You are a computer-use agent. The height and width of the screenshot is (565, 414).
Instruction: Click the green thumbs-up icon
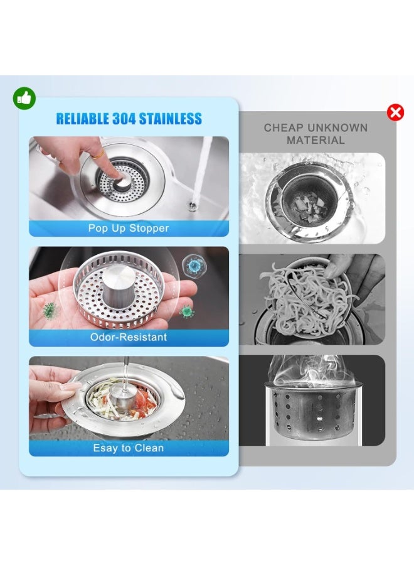click(x=24, y=98)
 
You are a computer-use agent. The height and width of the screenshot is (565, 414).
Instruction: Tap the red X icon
click(x=395, y=113)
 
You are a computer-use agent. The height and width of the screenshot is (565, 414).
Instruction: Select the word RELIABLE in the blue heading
click(x=82, y=119)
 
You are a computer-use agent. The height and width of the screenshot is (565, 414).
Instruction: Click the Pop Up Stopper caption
click(x=129, y=228)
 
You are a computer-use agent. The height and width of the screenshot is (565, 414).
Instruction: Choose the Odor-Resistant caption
click(x=129, y=337)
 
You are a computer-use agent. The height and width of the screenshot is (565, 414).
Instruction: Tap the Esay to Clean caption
click(x=129, y=448)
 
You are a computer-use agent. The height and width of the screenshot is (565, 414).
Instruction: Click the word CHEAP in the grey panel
click(x=284, y=128)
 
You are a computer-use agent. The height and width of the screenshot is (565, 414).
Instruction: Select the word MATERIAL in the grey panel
click(x=316, y=141)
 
